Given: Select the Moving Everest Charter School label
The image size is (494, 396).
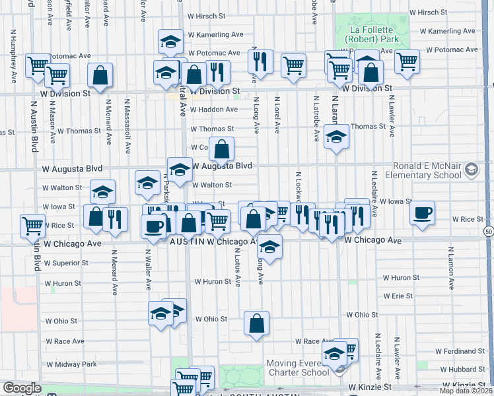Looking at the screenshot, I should click(297, 368).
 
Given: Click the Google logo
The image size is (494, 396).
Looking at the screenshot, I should click(21, 388).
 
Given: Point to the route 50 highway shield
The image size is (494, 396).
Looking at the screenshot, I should click(487, 232).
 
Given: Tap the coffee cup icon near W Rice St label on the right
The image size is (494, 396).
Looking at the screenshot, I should click(422, 213).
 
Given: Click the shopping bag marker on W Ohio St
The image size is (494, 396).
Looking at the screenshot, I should click(256, 323).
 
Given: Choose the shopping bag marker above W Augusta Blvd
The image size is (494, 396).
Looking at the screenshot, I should click(222, 149).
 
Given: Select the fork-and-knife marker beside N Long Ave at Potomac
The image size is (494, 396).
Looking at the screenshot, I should click(260, 61).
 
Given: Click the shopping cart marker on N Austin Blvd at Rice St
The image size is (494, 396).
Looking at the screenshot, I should click(32, 226).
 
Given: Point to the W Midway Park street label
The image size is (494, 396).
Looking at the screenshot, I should click(71, 364).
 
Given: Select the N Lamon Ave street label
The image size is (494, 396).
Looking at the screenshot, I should click(452, 269).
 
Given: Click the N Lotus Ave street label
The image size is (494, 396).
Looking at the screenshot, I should click(236, 268).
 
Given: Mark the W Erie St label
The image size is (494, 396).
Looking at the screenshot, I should click(398, 296).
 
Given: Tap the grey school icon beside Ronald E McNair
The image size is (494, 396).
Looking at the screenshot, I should click(471, 170).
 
